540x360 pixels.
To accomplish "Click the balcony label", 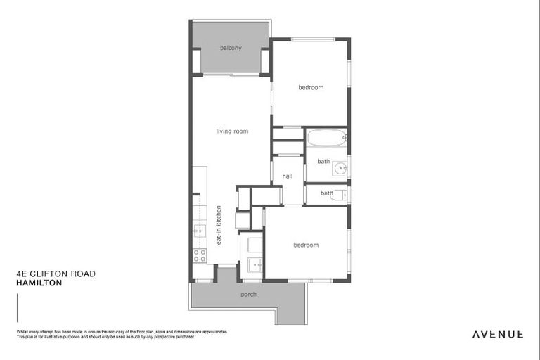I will coord(230,48).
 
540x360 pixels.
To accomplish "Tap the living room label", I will coord(231,131).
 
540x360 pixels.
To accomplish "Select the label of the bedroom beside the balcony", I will coord(310,87).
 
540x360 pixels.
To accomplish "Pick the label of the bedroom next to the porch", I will coord(305,245).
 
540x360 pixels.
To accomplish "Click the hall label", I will coord(288,176).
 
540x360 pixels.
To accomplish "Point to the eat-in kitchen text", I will coord(219,225).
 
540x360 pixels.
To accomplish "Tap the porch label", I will coord(248,294).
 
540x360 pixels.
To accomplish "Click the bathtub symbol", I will coord(325,137).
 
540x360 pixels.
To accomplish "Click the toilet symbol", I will coord(338,194).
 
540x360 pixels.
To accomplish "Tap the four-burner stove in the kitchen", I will coord(200,255).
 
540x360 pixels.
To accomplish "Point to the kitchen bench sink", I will coord(200,231).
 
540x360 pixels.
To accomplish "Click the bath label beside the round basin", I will coord(323,162).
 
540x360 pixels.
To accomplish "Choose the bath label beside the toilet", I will coord(327,193).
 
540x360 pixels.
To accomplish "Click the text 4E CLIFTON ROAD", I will coord(55,274).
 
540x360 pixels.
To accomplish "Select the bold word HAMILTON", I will coord(39,283).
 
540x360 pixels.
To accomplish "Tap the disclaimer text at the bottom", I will coord(120,334).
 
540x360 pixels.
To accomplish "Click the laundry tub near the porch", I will coord(255,265).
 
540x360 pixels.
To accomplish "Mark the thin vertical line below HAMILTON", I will coord(17,308).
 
